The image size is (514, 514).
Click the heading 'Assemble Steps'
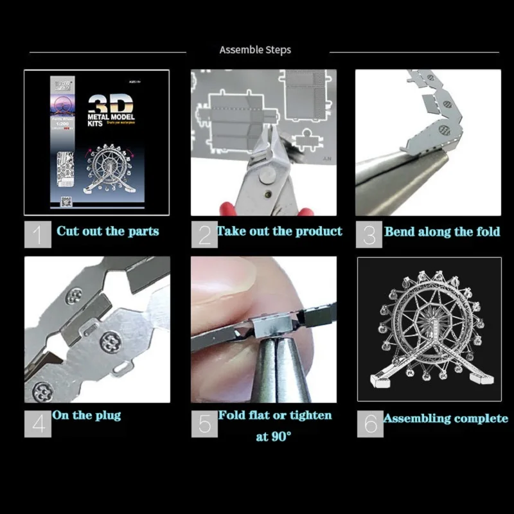click(x=255, y=50)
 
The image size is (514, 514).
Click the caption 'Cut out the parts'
click(x=107, y=231)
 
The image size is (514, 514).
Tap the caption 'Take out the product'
click(x=279, y=231)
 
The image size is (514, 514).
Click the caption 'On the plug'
click(x=87, y=416)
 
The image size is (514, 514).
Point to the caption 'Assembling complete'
click(x=445, y=419)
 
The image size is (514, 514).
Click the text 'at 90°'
click(x=273, y=437)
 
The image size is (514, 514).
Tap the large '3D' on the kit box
click(x=110, y=104)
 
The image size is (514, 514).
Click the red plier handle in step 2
click(x=226, y=208)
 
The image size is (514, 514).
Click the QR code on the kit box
click(x=64, y=201)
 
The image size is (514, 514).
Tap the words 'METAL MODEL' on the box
click(x=110, y=119)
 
